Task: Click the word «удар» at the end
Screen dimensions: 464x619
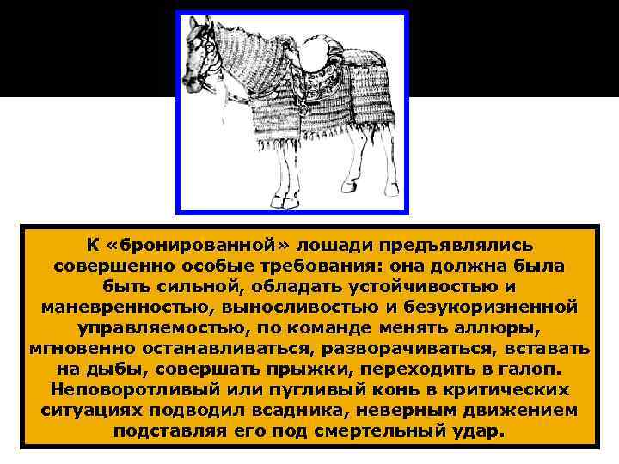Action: click(x=482, y=430)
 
